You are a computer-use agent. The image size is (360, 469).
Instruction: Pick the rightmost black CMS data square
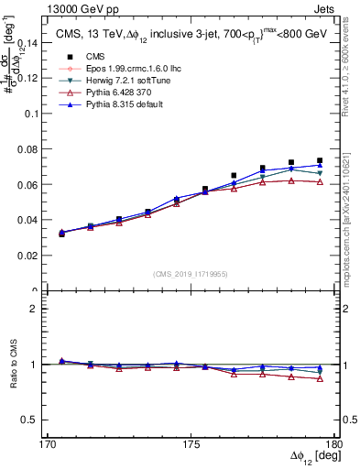pos(320,161)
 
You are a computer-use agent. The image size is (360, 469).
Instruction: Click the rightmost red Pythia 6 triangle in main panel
pos(320,182)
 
